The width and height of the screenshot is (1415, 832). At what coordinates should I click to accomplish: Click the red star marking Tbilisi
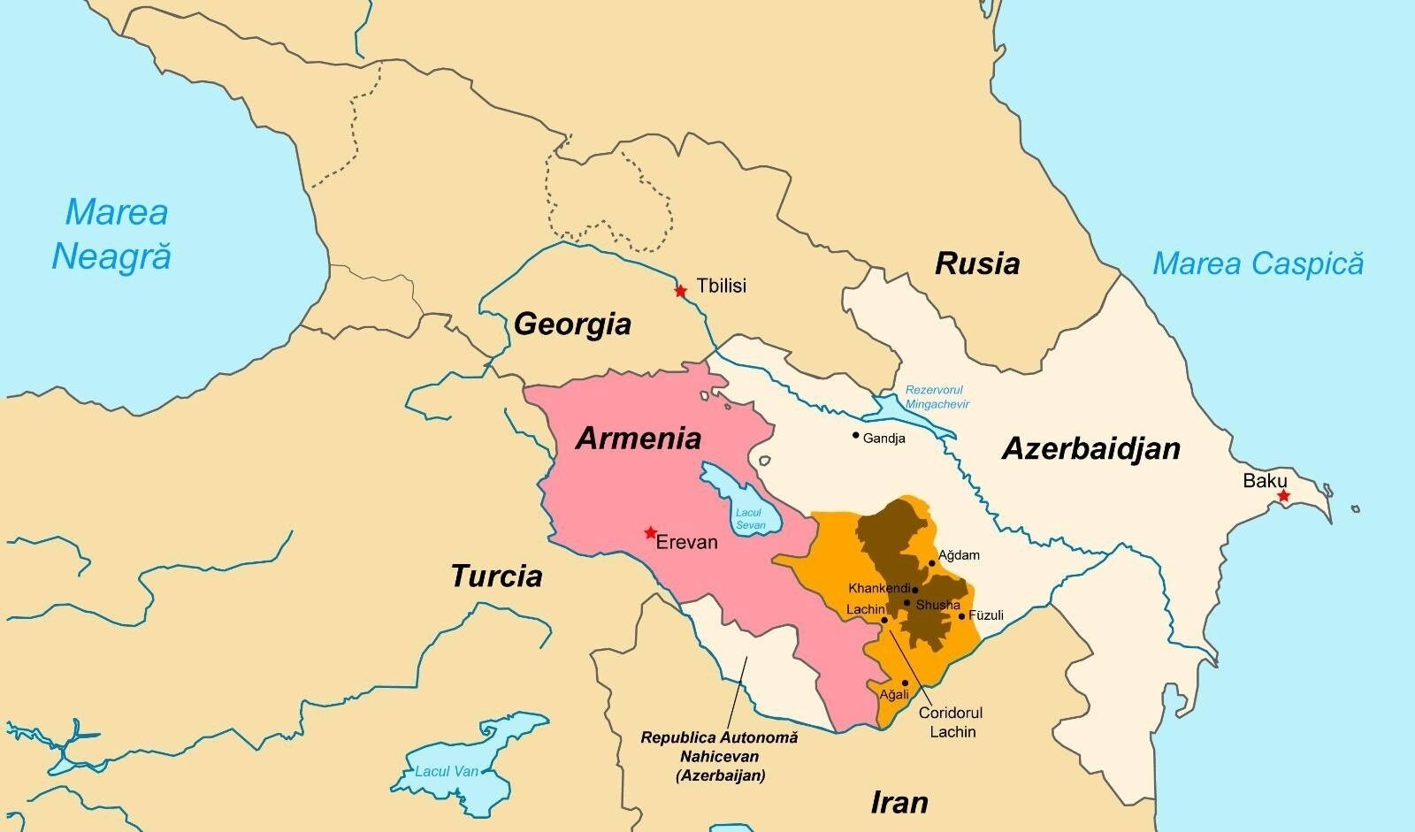point(680,291)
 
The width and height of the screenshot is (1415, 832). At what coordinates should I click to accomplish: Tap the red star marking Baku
point(1283,496)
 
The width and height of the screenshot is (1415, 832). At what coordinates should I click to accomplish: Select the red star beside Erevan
point(651,532)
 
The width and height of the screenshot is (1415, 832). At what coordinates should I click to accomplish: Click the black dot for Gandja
point(855,435)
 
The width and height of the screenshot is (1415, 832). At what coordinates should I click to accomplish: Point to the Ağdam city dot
point(932,563)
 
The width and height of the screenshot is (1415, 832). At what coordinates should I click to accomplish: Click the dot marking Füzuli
point(962,615)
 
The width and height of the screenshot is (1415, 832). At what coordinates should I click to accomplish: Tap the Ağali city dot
point(905,683)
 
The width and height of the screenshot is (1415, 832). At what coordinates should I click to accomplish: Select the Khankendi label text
point(878,588)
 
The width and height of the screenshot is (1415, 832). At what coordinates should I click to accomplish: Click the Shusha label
point(938,605)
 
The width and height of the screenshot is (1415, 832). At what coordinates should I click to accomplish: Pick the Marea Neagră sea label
point(111,234)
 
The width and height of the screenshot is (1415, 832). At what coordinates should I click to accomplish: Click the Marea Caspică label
point(1258,263)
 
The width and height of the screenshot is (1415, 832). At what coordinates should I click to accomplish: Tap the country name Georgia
point(572,324)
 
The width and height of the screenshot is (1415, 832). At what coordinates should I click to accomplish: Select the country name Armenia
point(639,438)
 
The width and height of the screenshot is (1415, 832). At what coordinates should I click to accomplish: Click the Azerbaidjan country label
point(1090,449)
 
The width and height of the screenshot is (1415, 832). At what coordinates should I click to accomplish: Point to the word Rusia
point(977,263)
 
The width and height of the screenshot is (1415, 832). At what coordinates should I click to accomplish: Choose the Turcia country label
point(496,576)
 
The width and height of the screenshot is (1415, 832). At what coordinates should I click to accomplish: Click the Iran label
point(899,802)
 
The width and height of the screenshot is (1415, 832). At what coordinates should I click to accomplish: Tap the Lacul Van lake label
point(447,771)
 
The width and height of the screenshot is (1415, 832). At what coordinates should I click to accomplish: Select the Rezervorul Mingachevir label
point(937,397)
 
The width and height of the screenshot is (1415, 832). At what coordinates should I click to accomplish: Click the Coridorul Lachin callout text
point(951,721)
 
